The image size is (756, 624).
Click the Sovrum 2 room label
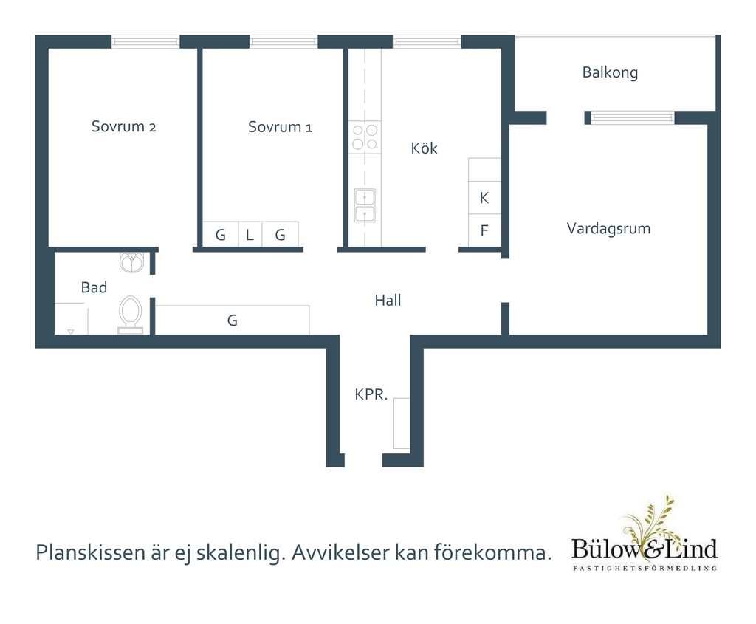[x=123, y=126]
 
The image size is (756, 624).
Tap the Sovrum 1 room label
[x=280, y=127]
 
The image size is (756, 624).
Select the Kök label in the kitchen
[x=424, y=148]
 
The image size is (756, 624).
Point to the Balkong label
[x=610, y=72]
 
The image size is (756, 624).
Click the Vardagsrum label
[x=608, y=228]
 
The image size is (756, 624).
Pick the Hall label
[x=388, y=301]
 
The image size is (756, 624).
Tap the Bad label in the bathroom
[x=94, y=287]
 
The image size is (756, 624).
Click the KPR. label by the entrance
[x=371, y=394]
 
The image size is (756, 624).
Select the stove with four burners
[x=365, y=137]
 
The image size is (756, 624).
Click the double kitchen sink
[x=365, y=205]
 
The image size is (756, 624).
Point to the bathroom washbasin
[x=131, y=262]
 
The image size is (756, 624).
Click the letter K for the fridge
[x=484, y=198]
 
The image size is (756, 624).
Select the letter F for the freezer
[x=484, y=230]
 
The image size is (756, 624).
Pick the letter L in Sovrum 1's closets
[x=250, y=235]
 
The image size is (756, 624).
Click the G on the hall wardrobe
[x=233, y=320]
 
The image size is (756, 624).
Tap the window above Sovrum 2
[x=145, y=42]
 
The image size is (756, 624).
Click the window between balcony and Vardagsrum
[x=633, y=117]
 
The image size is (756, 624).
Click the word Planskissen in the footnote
[x=91, y=552]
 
